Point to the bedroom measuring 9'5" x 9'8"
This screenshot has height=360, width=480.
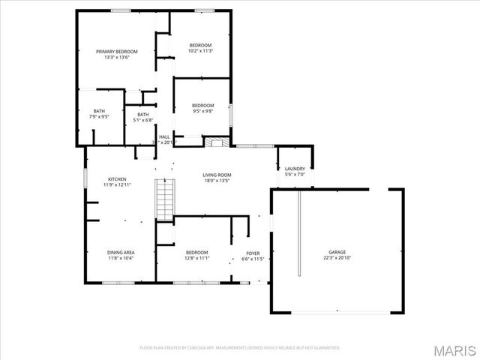(x=202, y=108)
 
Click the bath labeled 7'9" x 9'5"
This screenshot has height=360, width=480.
(x=99, y=114)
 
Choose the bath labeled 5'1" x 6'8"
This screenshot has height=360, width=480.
(x=142, y=117)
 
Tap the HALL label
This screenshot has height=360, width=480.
(x=163, y=136)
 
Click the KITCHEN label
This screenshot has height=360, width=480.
(x=117, y=179)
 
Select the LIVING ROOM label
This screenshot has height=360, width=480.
(x=217, y=175)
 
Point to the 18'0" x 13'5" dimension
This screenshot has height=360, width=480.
(x=217, y=181)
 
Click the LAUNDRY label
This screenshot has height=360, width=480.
(x=295, y=169)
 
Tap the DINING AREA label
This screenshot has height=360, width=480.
(x=120, y=252)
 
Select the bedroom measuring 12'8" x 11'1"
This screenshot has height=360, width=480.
(x=196, y=255)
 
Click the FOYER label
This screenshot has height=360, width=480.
(x=253, y=253)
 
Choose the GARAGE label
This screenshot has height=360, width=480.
(x=337, y=252)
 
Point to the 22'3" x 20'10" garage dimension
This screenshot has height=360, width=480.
(x=337, y=258)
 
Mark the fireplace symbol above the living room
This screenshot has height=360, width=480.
(x=216, y=142)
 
